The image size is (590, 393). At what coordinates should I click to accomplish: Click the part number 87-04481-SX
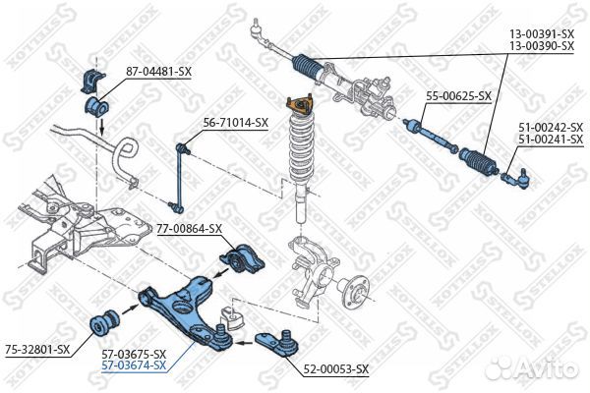[x=157, y=71]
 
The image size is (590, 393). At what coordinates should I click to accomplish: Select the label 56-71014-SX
[x=235, y=122]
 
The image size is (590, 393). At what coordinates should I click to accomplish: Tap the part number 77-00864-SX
[x=190, y=228]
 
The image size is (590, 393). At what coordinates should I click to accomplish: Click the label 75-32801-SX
[x=36, y=349]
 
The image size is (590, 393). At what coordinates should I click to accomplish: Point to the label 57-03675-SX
[x=133, y=354]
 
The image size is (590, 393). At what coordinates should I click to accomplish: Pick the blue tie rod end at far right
[x=517, y=178]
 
